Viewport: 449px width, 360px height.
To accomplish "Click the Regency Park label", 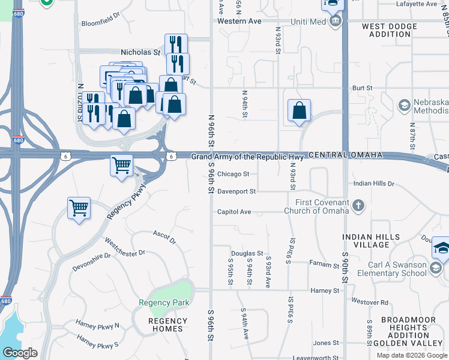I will [164, 302].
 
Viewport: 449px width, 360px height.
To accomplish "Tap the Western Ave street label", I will [240, 21].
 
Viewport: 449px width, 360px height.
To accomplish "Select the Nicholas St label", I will [140, 52].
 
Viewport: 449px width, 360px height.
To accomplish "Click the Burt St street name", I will [363, 88].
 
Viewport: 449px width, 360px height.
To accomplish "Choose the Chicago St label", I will [233, 175].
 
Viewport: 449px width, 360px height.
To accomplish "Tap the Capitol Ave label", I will [234, 212].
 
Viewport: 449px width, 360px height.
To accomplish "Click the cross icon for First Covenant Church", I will [358, 206].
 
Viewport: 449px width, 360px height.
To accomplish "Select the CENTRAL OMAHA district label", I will [346, 155].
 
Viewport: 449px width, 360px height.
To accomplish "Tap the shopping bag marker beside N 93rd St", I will [299, 111].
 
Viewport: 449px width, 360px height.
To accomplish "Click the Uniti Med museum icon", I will [336, 22].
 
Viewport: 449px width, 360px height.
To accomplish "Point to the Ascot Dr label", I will [164, 237].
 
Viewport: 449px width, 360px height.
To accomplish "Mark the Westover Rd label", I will [370, 302].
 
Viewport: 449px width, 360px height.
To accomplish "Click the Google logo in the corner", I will [20, 353].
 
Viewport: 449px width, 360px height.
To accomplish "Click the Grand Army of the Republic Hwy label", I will [247, 157].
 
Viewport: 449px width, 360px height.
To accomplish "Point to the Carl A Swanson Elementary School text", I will [390, 269].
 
